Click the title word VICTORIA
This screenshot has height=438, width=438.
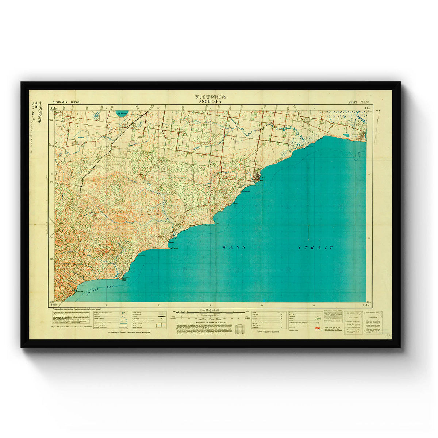[x=210, y=97]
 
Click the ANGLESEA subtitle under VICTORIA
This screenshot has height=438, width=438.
[x=210, y=102]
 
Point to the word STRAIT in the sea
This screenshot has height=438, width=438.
[x=315, y=248]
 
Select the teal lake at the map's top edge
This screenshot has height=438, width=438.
[x=121, y=113]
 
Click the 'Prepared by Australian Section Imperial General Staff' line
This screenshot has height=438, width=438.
[x=77, y=309]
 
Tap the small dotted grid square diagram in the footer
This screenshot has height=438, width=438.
[x=241, y=328]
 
